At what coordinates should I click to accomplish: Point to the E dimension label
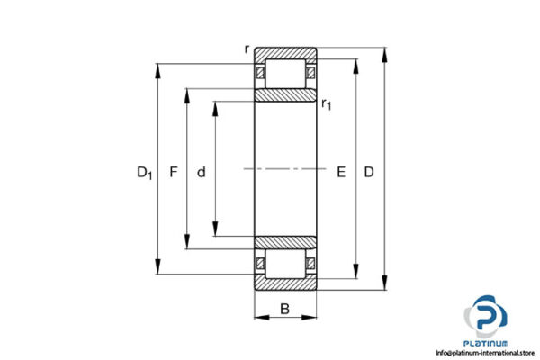point(340,171)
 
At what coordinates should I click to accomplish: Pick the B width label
point(285,310)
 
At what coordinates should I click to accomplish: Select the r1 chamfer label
point(327,105)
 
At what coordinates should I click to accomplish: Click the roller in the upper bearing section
point(285,73)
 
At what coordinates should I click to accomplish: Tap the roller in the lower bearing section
point(285,264)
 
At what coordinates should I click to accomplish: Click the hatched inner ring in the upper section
point(285,95)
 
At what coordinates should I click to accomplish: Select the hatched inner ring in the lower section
point(285,241)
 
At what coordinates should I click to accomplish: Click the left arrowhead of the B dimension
point(257,318)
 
